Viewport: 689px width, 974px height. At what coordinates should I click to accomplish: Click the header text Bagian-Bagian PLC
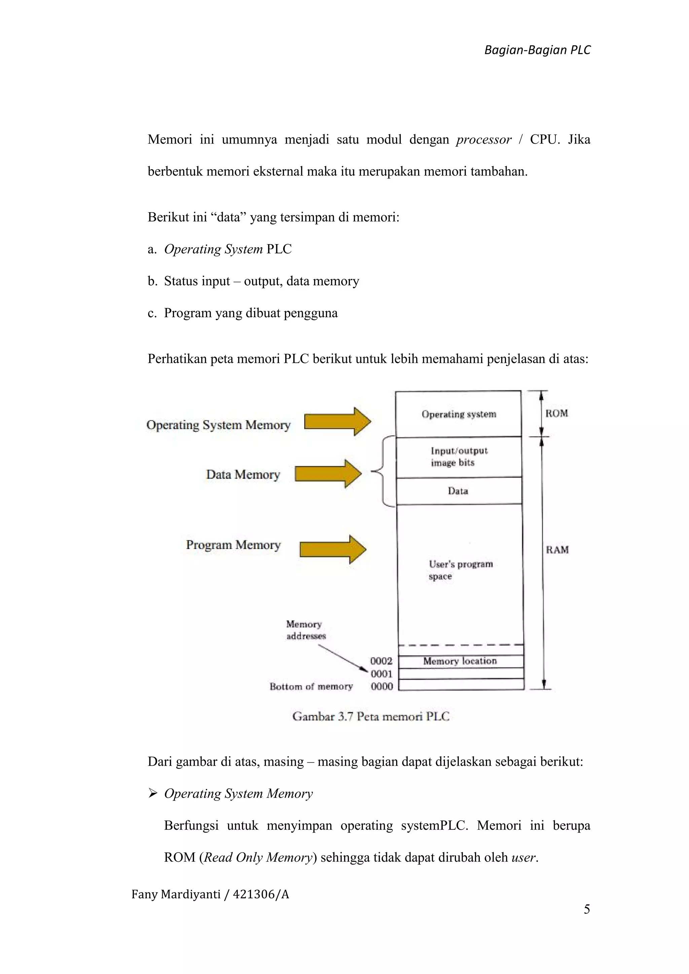(537, 50)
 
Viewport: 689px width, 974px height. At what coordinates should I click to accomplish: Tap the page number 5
(587, 909)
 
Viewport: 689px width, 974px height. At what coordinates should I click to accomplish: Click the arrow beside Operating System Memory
(338, 422)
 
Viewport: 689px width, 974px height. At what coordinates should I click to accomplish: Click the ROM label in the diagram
(556, 414)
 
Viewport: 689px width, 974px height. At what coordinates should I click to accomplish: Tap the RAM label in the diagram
(557, 550)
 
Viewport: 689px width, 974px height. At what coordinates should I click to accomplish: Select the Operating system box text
(459, 414)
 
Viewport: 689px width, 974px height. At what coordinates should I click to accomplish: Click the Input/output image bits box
(459, 457)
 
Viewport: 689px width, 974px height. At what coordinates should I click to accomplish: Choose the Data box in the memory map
(458, 491)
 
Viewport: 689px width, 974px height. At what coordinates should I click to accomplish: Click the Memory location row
(460, 661)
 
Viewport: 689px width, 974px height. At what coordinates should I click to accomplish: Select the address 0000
(382, 686)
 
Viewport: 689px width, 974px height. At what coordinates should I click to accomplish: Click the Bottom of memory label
(311, 686)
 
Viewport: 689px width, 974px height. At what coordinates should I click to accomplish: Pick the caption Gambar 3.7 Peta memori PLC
(370, 716)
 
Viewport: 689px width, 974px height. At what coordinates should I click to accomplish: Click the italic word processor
(484, 140)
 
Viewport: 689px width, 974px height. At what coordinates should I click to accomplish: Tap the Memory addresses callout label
(305, 630)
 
